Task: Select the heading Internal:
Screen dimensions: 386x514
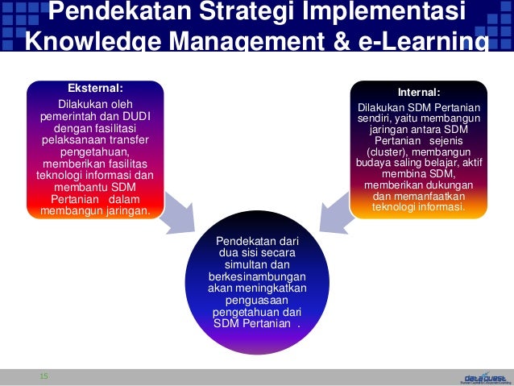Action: [418, 93]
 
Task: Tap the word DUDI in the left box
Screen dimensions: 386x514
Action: [140, 116]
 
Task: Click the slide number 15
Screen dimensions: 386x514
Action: [44, 376]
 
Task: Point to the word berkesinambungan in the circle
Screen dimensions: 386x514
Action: [256, 276]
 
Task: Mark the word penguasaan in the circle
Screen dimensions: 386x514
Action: [256, 300]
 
